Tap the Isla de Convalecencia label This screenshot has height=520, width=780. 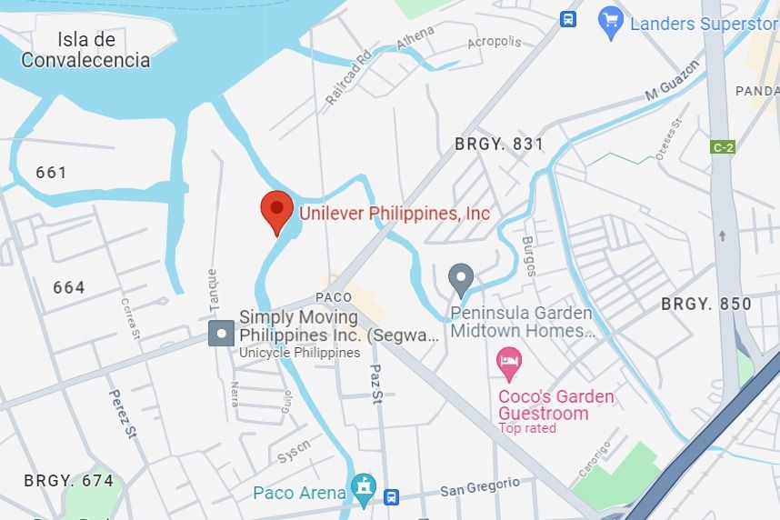85,51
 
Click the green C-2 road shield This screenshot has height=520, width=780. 722,147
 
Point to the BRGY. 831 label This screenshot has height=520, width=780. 499,144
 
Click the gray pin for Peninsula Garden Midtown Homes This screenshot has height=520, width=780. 462,278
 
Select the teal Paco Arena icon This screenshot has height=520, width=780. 364,488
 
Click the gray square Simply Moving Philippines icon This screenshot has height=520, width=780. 221,334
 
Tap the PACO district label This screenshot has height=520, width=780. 334,297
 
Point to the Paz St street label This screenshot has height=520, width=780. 376,385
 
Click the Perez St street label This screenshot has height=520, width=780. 121,415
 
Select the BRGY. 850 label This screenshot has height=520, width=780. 706,304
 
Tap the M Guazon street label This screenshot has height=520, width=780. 673,81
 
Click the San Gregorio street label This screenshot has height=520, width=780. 480,488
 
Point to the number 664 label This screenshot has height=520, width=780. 69,287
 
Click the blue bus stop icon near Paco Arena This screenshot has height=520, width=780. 391,496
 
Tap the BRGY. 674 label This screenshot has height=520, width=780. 69,480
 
